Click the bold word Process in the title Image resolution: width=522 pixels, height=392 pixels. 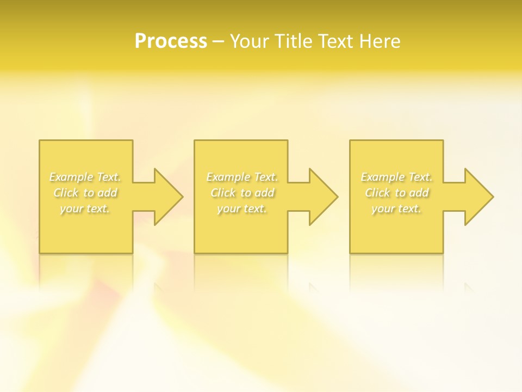(x=171, y=41)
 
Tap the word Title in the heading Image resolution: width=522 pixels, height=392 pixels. (x=295, y=41)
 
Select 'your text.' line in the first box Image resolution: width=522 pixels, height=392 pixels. (x=85, y=209)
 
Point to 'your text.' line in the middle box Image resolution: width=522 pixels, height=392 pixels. (x=242, y=209)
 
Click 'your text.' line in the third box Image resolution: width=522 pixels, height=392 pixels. (x=396, y=209)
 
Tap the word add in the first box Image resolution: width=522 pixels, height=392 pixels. (x=108, y=193)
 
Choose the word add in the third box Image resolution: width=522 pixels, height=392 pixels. (x=419, y=193)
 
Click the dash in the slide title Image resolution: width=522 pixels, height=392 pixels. (x=219, y=41)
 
